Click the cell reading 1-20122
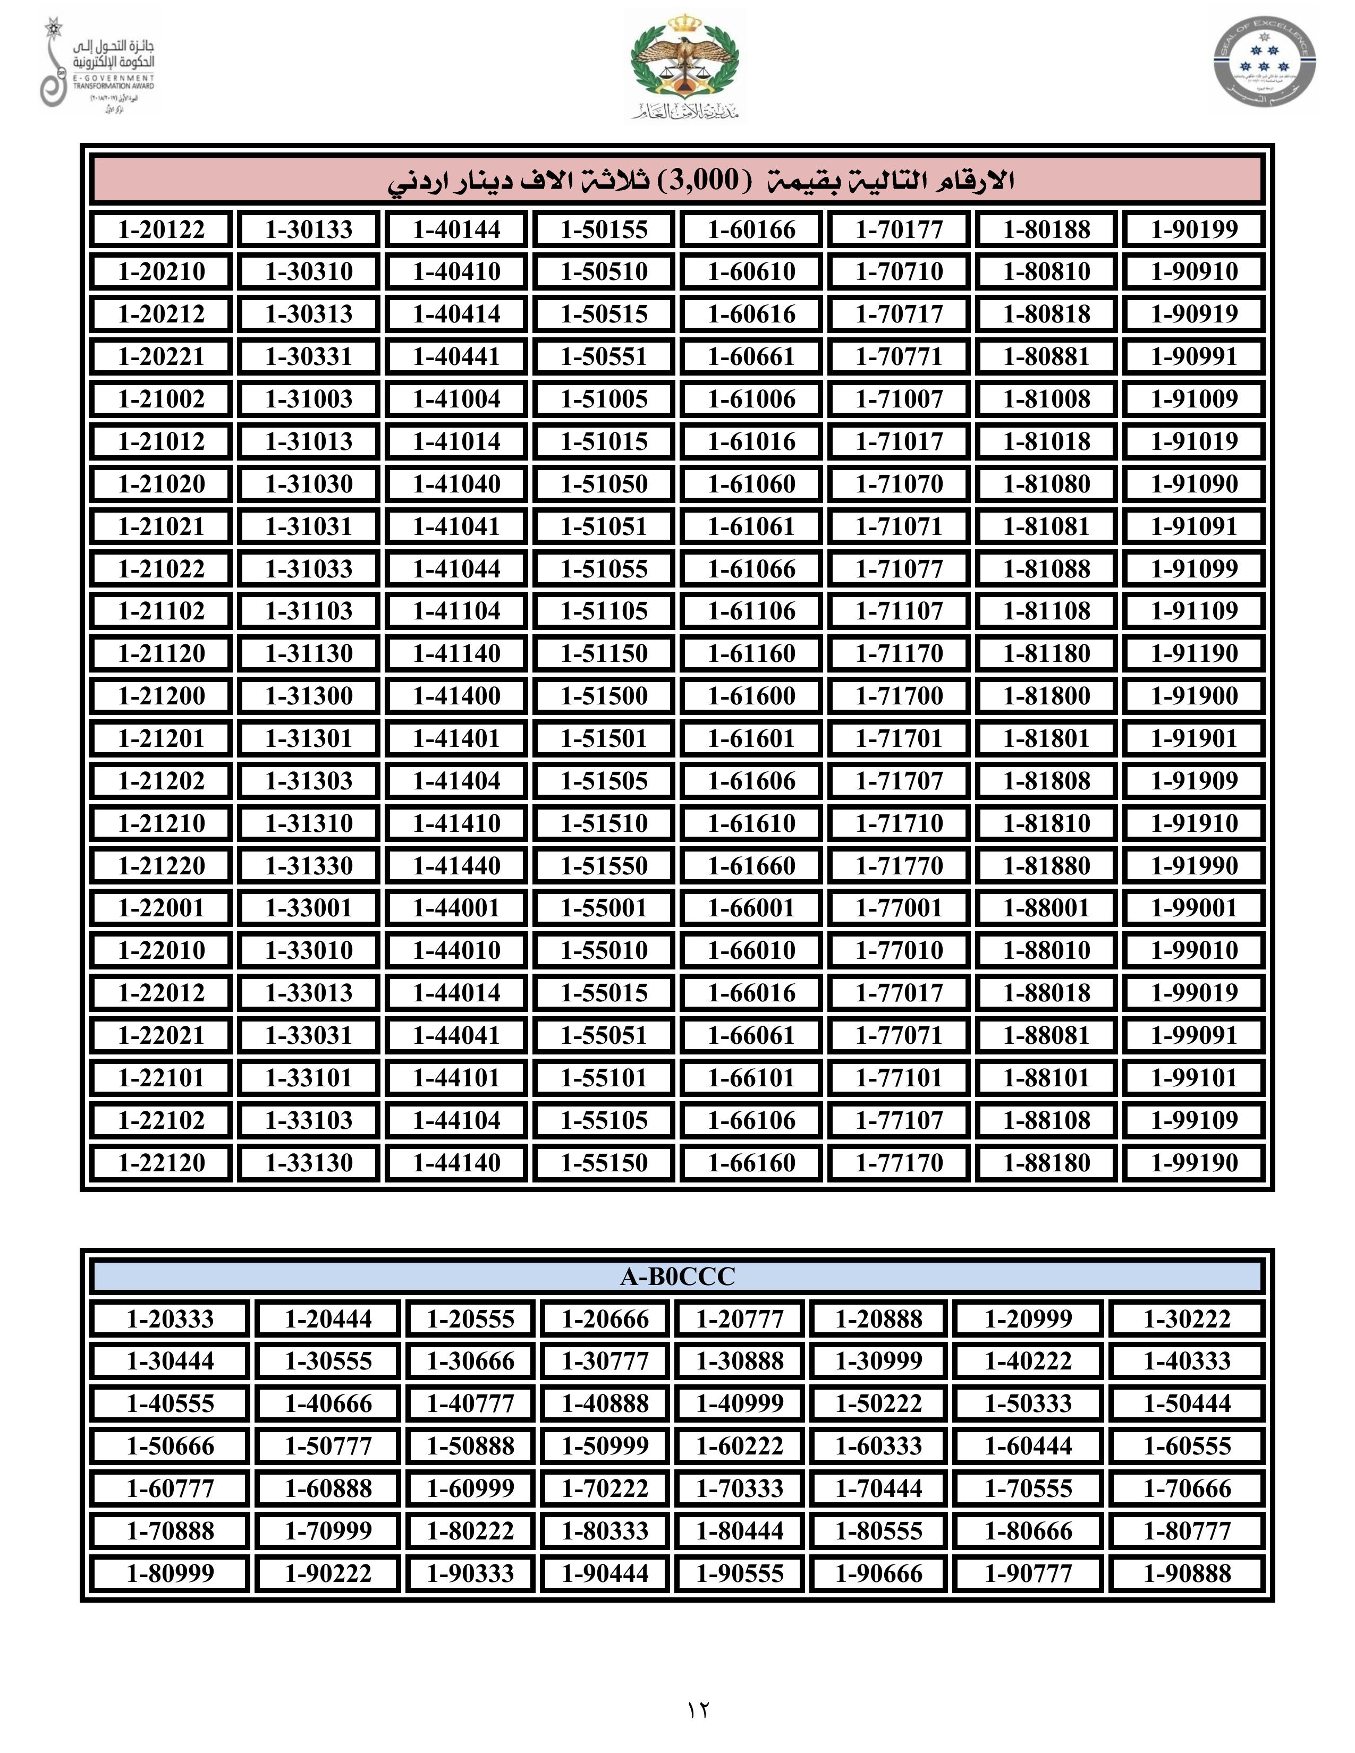[x=162, y=229]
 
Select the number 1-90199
[x=1193, y=229]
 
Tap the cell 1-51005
[x=604, y=399]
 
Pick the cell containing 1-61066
[x=751, y=569]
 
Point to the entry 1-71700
[x=899, y=696]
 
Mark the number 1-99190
[x=1193, y=1162]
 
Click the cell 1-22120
[x=162, y=1162]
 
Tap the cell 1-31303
[x=309, y=781]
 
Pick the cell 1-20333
[x=170, y=1319]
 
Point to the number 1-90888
[x=1187, y=1573]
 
